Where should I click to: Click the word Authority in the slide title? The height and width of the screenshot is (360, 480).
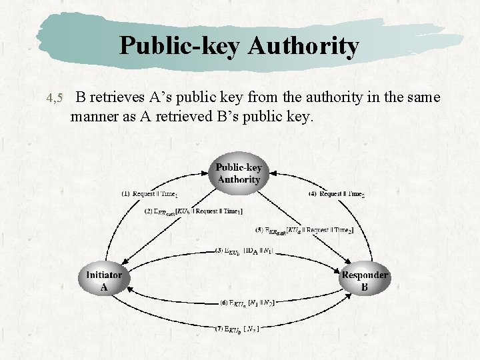click(x=303, y=46)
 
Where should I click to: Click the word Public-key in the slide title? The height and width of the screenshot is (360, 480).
click(x=180, y=46)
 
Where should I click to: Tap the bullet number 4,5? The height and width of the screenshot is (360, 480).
click(x=55, y=99)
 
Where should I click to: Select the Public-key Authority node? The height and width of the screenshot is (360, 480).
click(x=239, y=173)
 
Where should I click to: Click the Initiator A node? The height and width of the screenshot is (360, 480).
click(x=103, y=281)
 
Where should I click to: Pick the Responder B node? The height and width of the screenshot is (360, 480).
click(x=364, y=281)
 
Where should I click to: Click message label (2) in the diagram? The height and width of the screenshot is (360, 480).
click(x=193, y=211)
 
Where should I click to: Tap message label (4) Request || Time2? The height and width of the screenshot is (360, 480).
click(x=337, y=194)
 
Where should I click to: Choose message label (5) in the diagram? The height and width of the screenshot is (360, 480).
click(x=303, y=230)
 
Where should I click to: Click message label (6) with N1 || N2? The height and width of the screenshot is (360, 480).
click(x=247, y=302)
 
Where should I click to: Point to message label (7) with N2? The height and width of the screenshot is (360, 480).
click(x=237, y=328)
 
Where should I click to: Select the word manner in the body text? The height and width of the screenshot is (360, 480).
click(x=93, y=117)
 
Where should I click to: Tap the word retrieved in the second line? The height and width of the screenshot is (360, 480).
click(x=185, y=117)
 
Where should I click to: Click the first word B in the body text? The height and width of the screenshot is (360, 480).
click(x=80, y=97)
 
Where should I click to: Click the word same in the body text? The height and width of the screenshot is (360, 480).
click(x=423, y=97)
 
